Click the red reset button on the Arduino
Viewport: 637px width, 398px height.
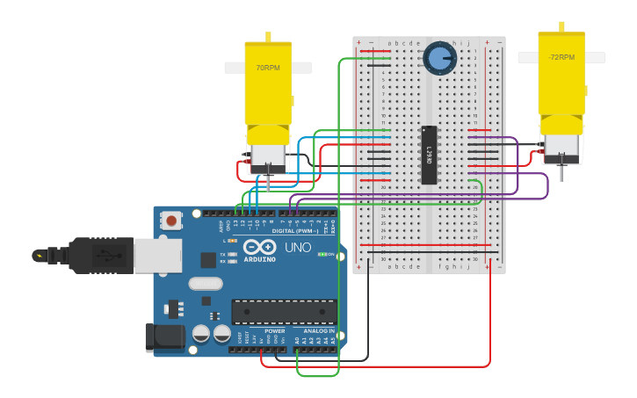(171, 220)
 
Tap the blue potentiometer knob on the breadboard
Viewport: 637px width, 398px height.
(439, 58)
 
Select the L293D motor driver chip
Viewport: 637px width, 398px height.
(429, 155)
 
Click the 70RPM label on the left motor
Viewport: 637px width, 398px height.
(267, 68)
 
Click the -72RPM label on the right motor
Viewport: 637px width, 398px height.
(561, 57)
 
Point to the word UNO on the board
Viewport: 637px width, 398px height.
(298, 248)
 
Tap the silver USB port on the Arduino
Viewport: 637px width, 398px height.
(158, 256)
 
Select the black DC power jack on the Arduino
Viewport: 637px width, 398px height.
(164, 337)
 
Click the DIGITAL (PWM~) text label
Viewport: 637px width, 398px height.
(296, 230)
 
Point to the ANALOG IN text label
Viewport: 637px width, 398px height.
(318, 331)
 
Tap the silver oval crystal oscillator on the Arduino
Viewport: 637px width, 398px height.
(206, 283)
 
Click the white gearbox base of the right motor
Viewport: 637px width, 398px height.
(561, 148)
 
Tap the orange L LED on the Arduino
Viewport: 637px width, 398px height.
(232, 240)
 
